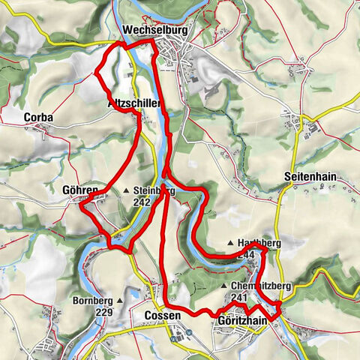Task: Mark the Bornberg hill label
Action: click(93, 301)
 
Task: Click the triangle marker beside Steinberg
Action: click(127, 191)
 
